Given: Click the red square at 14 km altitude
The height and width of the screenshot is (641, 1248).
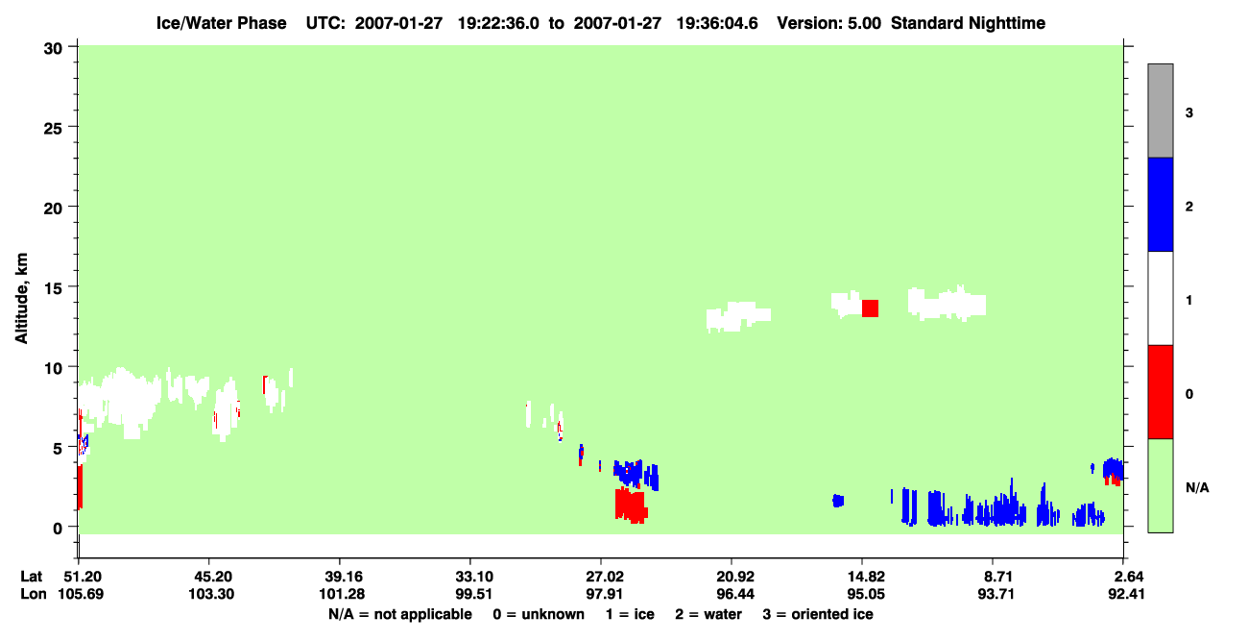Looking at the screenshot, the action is pos(871,308).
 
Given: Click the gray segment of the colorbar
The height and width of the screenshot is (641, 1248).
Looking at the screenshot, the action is pos(1161,111).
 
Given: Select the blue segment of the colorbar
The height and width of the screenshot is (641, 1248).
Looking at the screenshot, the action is pos(1161,204).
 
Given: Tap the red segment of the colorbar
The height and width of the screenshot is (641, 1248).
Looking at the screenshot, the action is pos(1161,392).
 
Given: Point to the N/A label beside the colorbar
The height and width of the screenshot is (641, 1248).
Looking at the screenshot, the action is pos(1197,488).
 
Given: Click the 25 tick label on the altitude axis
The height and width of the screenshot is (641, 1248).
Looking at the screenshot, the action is pos(53,129).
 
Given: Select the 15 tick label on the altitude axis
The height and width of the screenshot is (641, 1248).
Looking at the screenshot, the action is pos(53,288).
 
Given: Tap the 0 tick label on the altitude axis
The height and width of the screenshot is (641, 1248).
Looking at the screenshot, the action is pos(58,529).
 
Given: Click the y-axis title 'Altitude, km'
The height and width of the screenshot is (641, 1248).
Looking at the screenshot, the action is pos(21,298).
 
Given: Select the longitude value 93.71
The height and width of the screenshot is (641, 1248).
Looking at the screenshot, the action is pos(996,594).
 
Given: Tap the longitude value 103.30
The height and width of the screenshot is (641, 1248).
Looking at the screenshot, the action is pos(211,594).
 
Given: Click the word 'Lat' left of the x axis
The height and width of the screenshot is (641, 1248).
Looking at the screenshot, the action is pos(31,577).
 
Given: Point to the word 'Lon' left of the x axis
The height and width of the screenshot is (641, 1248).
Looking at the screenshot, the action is pos(34,594).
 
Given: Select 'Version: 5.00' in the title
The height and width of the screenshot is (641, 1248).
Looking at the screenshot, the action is pos(829,23).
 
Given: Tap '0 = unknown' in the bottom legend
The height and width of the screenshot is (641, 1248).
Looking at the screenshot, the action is pos(539,614).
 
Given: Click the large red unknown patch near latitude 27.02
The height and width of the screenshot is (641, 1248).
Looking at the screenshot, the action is pos(631,505).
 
